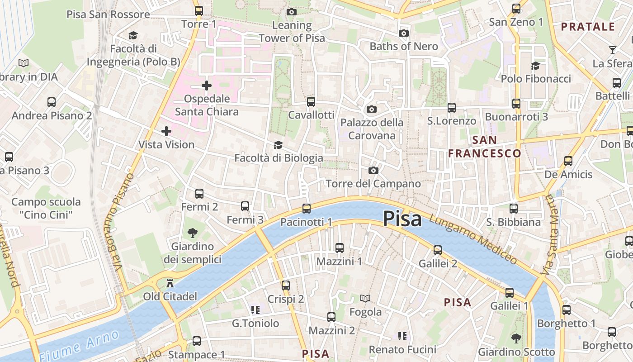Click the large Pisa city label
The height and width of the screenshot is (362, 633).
[402, 219]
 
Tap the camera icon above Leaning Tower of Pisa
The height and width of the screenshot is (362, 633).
[292, 12]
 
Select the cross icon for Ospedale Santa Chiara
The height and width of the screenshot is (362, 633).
[207, 85]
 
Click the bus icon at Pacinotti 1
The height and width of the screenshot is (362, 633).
[307, 208]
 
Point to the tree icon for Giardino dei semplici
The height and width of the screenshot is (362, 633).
[193, 233]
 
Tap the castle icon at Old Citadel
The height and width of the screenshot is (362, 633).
[170, 284]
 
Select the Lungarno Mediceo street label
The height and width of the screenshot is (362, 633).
[473, 239]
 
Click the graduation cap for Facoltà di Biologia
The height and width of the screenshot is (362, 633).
[278, 145]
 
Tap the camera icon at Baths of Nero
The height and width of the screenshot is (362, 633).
[404, 33]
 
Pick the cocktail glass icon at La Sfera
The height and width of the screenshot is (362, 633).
[613, 50]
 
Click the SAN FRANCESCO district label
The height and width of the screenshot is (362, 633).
[484, 147]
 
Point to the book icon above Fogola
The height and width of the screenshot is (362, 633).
[365, 298]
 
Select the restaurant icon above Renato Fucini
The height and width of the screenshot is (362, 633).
[402, 336]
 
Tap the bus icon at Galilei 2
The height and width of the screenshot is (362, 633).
[437, 250]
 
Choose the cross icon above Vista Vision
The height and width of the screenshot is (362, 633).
[166, 131]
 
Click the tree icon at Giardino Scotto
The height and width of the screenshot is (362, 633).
[516, 338]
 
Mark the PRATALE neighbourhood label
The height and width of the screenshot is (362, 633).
[588, 27]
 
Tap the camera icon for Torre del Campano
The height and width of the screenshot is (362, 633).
[373, 170]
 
